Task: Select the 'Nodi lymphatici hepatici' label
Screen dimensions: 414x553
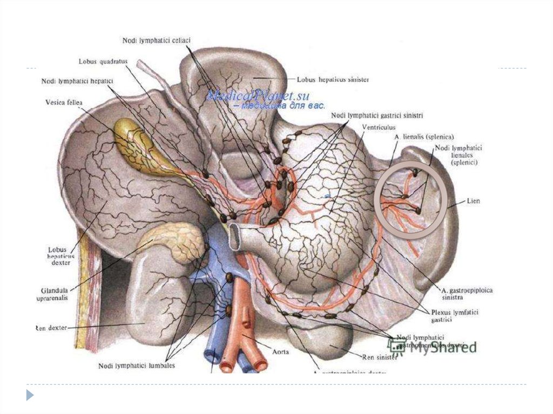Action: click(77, 82)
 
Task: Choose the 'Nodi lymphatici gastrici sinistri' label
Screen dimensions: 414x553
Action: click(376, 116)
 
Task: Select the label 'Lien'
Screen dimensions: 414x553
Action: click(474, 201)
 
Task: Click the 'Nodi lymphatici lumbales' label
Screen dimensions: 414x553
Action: click(137, 365)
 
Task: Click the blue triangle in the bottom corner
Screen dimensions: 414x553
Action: click(30, 395)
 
